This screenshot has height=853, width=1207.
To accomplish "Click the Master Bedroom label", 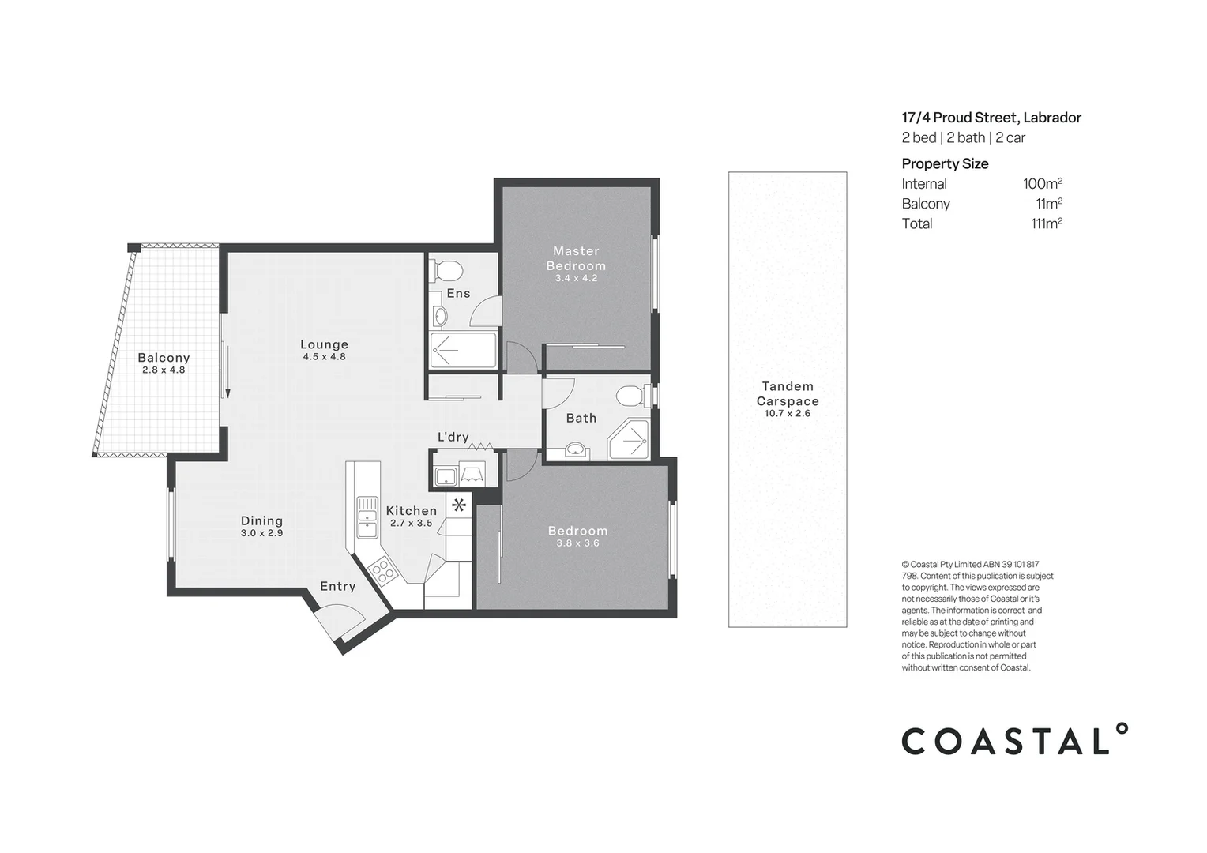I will [576, 258].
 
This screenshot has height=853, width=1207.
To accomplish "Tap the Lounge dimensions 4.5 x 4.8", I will [324, 357].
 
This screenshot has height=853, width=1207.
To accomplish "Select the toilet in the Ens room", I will [448, 270].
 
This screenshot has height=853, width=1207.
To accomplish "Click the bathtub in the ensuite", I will [463, 350].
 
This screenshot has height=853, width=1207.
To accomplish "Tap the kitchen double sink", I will [367, 517].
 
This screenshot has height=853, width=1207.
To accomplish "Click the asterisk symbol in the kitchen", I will [459, 505].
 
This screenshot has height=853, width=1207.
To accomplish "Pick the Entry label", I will [337, 586].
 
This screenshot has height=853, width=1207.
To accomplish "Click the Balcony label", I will [164, 358].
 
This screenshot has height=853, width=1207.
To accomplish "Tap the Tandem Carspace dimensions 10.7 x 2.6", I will [787, 413].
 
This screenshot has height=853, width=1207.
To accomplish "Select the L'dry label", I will [453, 437].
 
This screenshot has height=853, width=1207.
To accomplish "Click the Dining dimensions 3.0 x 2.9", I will [261, 533].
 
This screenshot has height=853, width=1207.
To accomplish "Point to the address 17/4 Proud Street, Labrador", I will [991, 118].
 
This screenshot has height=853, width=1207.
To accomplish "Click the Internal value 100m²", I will [1042, 184].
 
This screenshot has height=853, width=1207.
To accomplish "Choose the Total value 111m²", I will [1046, 224].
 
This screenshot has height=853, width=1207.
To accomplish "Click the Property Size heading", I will [945, 164].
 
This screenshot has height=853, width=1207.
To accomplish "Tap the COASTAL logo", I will [1014, 740].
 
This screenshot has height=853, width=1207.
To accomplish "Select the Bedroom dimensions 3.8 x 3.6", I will [577, 543].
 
